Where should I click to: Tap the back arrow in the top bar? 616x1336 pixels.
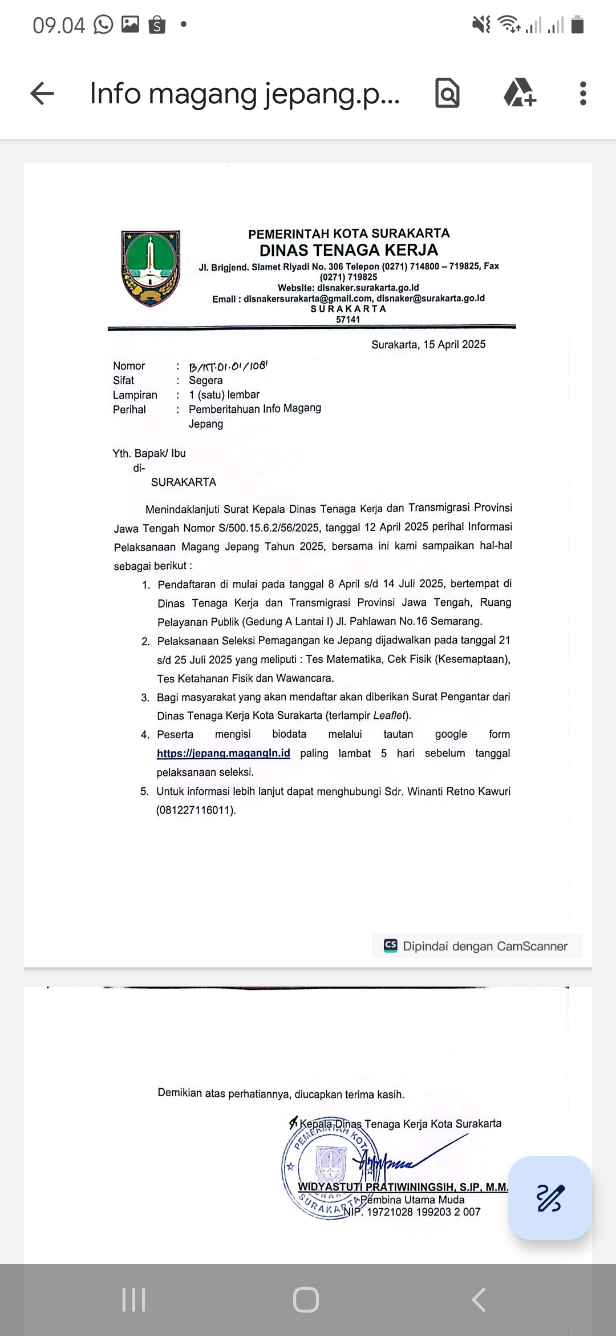pyautogui.click(x=42, y=94)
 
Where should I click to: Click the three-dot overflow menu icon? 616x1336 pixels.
pyautogui.click(x=582, y=94)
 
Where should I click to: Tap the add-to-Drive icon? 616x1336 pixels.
pyautogui.click(x=519, y=94)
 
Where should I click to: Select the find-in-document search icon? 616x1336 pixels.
pyautogui.click(x=447, y=94)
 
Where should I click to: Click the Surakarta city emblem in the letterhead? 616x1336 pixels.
pyautogui.click(x=151, y=268)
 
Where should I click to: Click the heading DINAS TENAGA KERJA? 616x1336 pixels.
pyautogui.click(x=348, y=250)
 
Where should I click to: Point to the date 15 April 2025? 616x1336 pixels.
pyautogui.click(x=428, y=344)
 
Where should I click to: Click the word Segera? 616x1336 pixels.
pyautogui.click(x=206, y=380)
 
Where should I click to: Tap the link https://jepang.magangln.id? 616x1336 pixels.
pyautogui.click(x=224, y=753)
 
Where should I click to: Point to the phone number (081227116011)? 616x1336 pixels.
pyautogui.click(x=196, y=810)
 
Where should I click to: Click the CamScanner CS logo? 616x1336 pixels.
pyautogui.click(x=391, y=945)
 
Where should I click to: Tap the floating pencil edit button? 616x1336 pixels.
pyautogui.click(x=550, y=1198)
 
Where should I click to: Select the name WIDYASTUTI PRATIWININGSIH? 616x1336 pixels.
pyautogui.click(x=376, y=1187)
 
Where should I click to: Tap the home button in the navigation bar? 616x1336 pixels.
pyautogui.click(x=306, y=1299)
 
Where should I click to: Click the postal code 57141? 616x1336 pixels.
pyautogui.click(x=348, y=320)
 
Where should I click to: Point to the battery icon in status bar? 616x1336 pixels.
pyautogui.click(x=577, y=25)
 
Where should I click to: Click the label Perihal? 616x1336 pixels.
pyautogui.click(x=129, y=409)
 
